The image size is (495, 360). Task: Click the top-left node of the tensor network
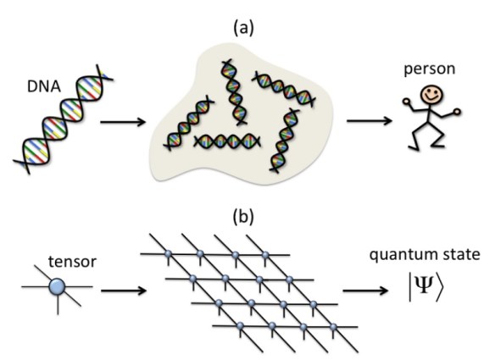168,253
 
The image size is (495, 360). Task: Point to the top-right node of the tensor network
265,254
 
